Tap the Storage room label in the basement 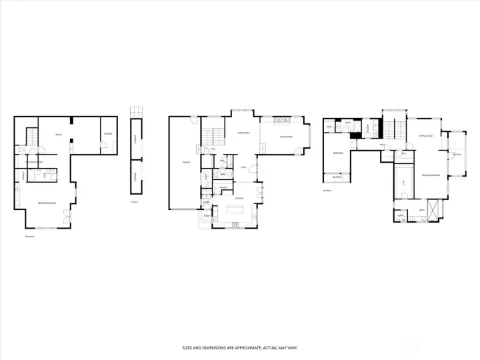click(107, 134)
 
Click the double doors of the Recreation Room click(65, 216)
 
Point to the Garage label click(184, 163)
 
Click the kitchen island click(236, 210)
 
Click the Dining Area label click(243, 133)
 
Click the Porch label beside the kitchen click(207, 216)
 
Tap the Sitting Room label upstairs click(426, 135)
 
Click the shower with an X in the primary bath click(433, 210)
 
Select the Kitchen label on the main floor click(239, 198)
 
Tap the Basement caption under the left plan click(29, 235)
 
